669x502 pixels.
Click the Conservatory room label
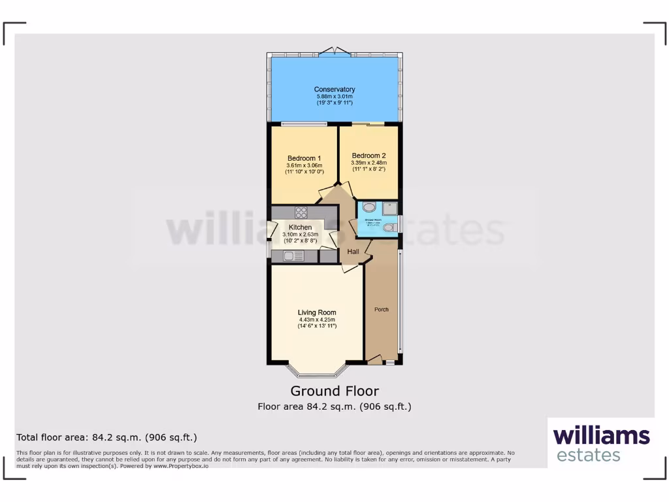pyautogui.click(x=334, y=90)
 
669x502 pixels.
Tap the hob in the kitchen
pyautogui.click(x=302, y=212)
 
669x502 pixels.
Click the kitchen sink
pyautogui.click(x=294, y=256)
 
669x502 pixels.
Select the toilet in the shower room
pyautogui.click(x=389, y=227)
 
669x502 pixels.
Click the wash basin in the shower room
pyautogui.click(x=369, y=208)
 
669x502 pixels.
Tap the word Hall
pyautogui.click(x=353, y=252)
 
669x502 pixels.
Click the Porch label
pyautogui.click(x=381, y=309)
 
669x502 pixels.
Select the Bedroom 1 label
pyautogui.click(x=304, y=158)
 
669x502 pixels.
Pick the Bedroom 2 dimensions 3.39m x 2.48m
pyautogui.click(x=368, y=163)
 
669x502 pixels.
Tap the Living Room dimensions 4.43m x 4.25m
pyautogui.click(x=317, y=319)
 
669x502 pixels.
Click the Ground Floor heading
pyautogui.click(x=334, y=391)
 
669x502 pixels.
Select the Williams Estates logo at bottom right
pyautogui.click(x=601, y=444)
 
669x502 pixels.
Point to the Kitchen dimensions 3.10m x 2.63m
pyautogui.click(x=300, y=234)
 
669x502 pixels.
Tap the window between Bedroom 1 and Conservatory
pyautogui.click(x=304, y=124)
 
